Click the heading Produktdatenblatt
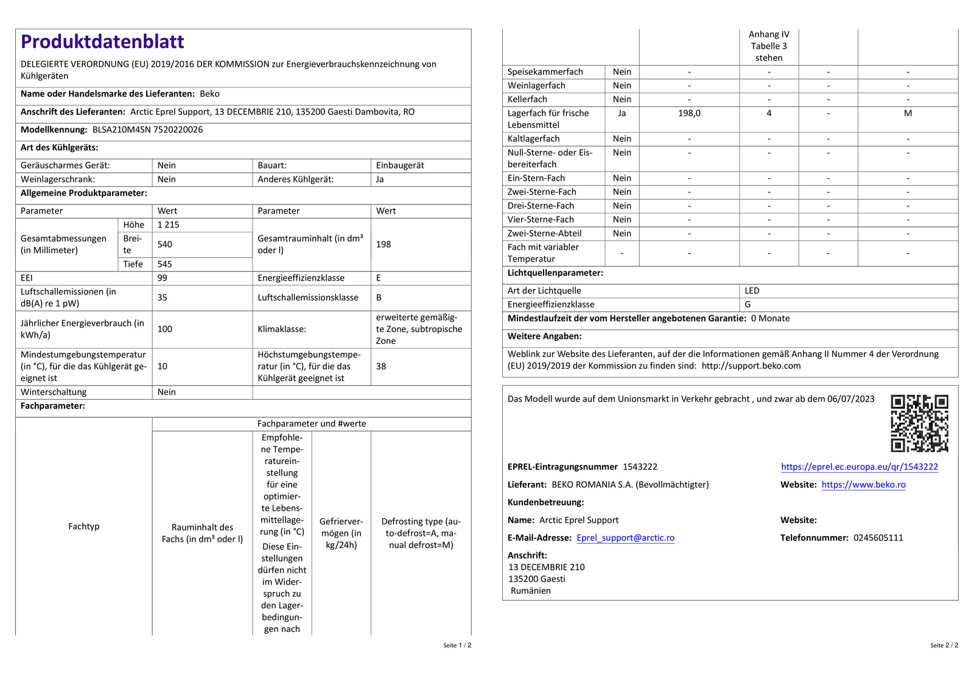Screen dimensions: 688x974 pos(102,41)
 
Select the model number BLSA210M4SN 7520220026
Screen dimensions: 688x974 pos(147,130)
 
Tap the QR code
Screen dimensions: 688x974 pos(919,423)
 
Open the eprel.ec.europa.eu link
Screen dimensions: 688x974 pos(859,467)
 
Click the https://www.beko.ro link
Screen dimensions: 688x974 pos(863,485)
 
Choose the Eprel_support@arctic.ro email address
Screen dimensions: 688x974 pos(625,538)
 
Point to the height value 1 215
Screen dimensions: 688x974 pos(169,225)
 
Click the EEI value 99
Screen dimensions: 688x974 pos(163,278)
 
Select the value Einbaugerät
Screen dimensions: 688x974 pos(400,165)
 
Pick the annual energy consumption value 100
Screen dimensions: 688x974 pos(165,329)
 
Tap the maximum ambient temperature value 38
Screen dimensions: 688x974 pos(381,366)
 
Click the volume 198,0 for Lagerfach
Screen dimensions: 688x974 pos(689,113)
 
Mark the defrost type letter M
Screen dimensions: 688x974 pos(908,113)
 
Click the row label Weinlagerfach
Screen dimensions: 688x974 pos(536,86)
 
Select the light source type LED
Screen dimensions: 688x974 pos(752,291)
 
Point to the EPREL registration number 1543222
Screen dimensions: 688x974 pos(640,467)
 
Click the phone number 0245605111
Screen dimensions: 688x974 pos(878,538)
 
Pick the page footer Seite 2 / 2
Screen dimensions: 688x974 pos(944,645)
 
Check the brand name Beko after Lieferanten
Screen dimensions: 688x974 pos(209,94)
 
